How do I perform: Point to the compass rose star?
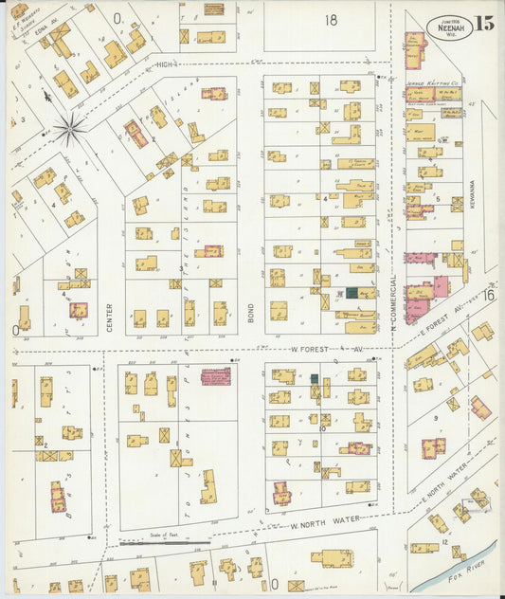(x=69, y=127)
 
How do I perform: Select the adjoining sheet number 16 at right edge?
(x=490, y=296)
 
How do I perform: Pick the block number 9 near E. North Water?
(x=435, y=417)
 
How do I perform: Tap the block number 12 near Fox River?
(x=444, y=540)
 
